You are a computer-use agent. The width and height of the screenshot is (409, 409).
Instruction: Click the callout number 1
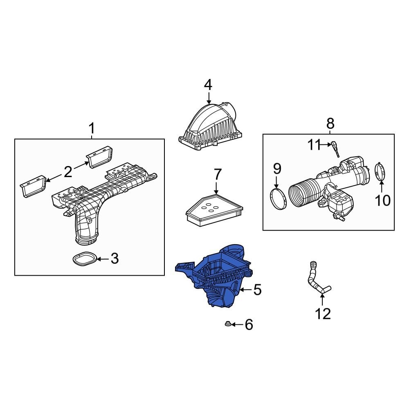point(92,129)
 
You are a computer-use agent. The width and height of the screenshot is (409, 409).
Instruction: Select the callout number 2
point(67,171)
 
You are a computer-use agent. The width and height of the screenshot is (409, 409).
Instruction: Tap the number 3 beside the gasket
point(115,258)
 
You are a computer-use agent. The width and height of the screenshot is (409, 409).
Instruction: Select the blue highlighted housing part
point(213,278)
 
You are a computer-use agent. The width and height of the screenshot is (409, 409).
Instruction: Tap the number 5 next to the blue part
point(257,290)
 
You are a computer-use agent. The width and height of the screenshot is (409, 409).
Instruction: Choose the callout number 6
point(249,325)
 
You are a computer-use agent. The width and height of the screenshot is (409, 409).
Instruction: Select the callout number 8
point(330,123)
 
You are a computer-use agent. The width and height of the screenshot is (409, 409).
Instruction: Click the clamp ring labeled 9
point(279,198)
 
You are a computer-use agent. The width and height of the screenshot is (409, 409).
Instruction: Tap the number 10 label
point(383,200)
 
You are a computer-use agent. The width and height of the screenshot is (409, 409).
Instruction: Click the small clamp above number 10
point(380,171)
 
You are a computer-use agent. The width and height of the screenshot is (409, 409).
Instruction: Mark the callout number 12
point(322,314)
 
